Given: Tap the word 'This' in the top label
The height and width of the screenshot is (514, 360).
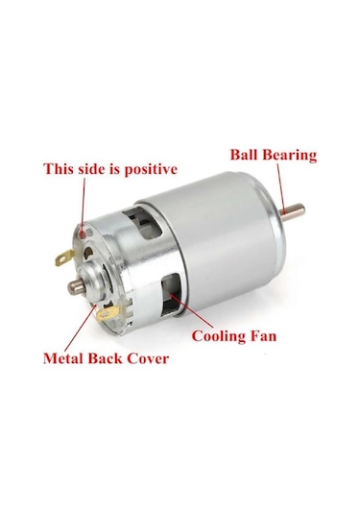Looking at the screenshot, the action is (x=61, y=169).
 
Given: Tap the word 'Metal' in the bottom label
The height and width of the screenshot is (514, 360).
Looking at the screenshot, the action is (x=66, y=359).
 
